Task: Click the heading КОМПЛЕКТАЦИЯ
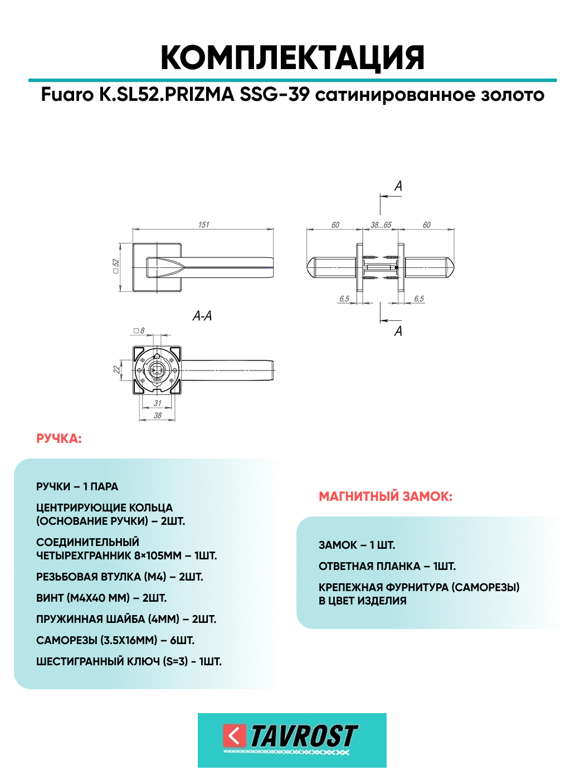click(x=292, y=57)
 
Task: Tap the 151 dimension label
click(x=203, y=225)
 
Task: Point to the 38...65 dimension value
click(x=381, y=225)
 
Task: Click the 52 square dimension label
click(x=116, y=266)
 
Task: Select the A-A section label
click(x=202, y=316)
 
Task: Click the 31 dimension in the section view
click(x=158, y=403)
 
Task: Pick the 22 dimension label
click(x=117, y=369)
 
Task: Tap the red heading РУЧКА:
click(x=58, y=439)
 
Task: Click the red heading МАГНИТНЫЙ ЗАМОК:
click(x=386, y=496)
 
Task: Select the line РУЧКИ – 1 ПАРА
click(x=77, y=487)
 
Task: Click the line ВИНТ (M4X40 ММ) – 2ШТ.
click(x=101, y=598)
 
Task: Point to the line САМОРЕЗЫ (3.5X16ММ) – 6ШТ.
click(x=115, y=641)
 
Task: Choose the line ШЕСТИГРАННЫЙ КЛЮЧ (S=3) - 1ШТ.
click(x=129, y=662)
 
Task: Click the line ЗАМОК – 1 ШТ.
click(x=357, y=545)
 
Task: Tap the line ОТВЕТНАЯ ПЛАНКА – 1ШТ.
click(x=387, y=567)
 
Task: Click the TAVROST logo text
click(x=304, y=736)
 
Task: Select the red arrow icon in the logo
click(x=235, y=736)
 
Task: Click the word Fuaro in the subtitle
click(x=67, y=95)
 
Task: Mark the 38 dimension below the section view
click(x=158, y=416)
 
